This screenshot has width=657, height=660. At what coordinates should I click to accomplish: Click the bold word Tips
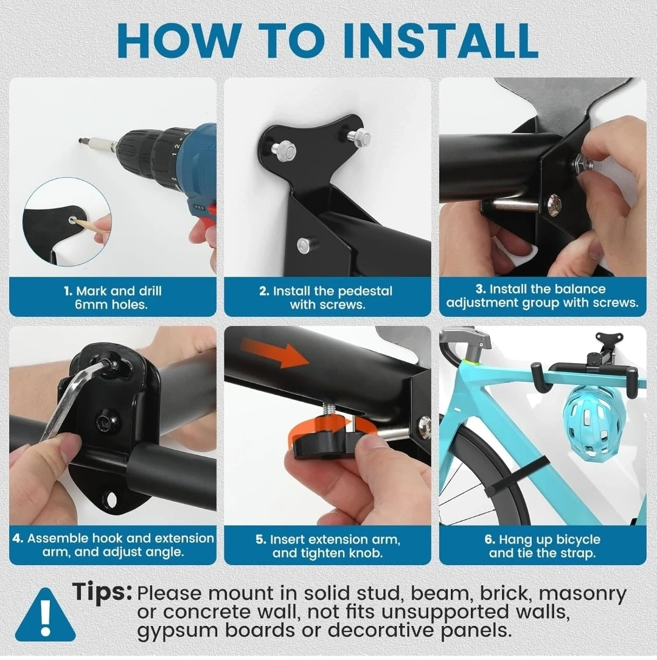[102, 591]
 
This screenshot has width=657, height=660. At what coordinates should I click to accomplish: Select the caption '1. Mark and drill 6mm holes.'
[113, 297]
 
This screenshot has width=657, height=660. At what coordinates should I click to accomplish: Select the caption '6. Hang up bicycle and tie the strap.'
[543, 546]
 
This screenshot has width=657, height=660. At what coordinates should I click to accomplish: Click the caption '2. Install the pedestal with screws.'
[326, 297]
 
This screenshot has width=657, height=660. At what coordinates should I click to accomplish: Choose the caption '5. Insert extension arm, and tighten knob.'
[327, 546]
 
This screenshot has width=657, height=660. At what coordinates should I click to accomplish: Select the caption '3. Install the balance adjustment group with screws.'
[543, 296]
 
